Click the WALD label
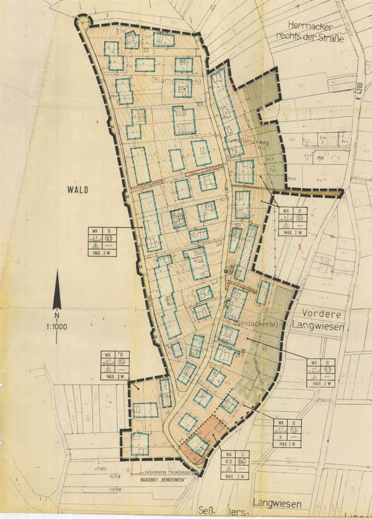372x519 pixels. (x=78, y=190)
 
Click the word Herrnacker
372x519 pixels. (x=307, y=26)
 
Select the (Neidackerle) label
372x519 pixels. (x=256, y=323)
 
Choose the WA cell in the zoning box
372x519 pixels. (x=228, y=454)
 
